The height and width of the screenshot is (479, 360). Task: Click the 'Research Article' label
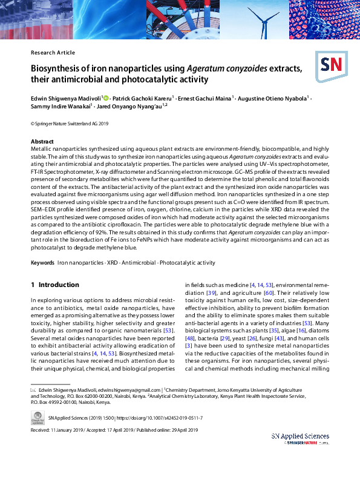pyautogui.click(x=53, y=53)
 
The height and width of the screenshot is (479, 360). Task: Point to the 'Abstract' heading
pyautogui.click(x=42, y=142)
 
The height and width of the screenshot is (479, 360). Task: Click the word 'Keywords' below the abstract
pyautogui.click(x=42, y=263)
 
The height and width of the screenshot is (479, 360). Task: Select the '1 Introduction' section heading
pyautogui.click(x=54, y=285)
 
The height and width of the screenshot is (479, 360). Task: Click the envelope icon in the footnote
pyautogui.click(x=33, y=390)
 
